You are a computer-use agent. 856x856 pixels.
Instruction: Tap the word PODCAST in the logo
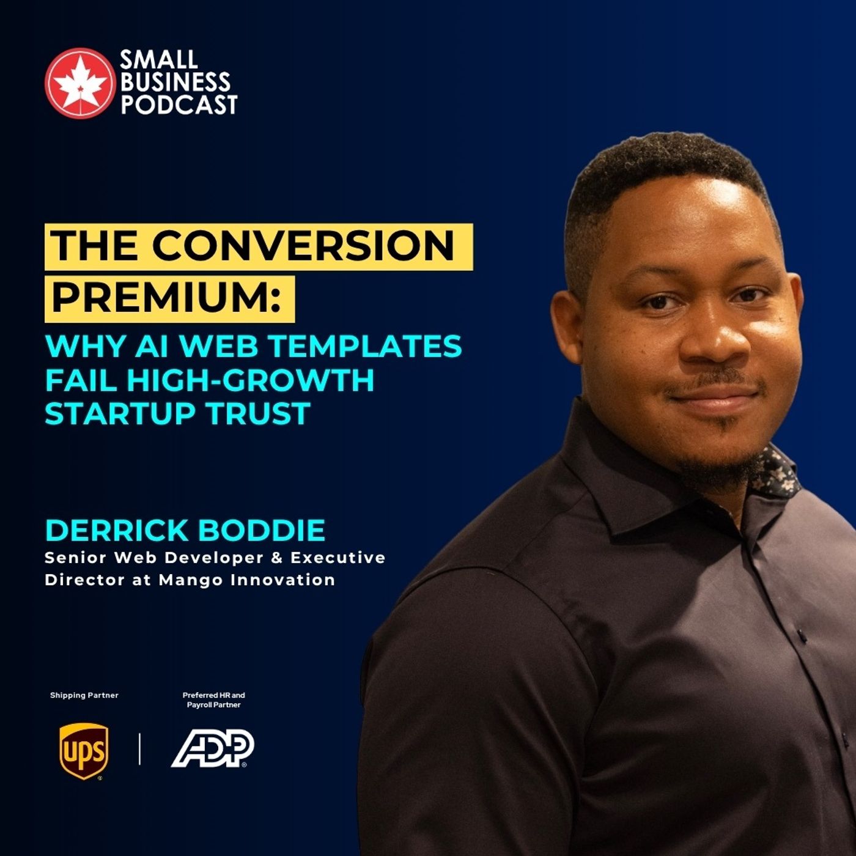(180, 105)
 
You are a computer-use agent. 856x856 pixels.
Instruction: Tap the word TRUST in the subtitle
(259, 413)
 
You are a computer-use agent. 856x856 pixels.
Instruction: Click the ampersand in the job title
(277, 558)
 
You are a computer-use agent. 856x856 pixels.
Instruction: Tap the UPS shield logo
(84, 751)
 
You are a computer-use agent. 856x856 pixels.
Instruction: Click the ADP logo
(213, 748)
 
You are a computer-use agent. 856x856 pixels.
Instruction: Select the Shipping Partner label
(84, 695)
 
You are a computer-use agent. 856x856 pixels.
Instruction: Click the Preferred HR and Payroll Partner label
(213, 700)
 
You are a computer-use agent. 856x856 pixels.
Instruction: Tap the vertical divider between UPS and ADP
(140, 750)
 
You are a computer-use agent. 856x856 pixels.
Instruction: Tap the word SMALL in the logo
(158, 59)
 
